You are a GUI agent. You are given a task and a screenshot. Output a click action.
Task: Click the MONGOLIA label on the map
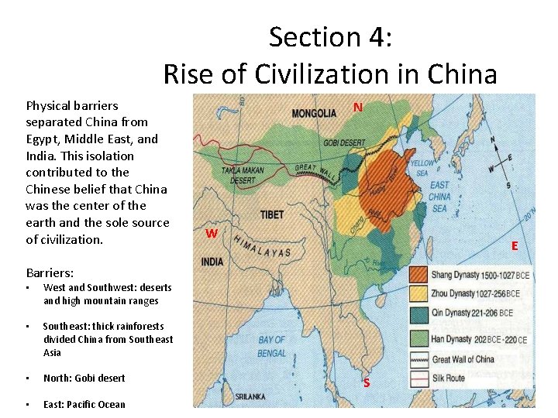click(x=314, y=113)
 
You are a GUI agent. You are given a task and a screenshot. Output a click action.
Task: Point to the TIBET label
click(x=271, y=214)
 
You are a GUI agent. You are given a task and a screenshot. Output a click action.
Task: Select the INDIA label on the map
click(x=212, y=262)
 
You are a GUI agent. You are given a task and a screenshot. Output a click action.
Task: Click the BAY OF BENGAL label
click(x=272, y=346)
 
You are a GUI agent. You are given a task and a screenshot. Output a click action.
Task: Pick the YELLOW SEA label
click(x=422, y=167)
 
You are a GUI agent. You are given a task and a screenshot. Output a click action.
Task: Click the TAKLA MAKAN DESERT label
click(x=243, y=174)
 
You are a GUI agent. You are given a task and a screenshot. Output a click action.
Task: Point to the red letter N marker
click(x=358, y=107)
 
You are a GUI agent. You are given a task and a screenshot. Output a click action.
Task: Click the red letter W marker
click(x=211, y=233)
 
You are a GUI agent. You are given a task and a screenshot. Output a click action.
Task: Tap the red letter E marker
click(x=514, y=245)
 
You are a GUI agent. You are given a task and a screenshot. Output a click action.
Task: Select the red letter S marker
click(x=367, y=382)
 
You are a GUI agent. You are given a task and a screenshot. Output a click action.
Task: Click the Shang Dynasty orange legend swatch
click(x=418, y=274)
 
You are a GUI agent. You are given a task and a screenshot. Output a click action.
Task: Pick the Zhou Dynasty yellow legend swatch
click(x=418, y=293)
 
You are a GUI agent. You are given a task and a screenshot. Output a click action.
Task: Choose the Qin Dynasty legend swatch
click(x=418, y=313)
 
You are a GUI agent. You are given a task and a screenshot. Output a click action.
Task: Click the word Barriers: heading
click(x=50, y=272)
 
